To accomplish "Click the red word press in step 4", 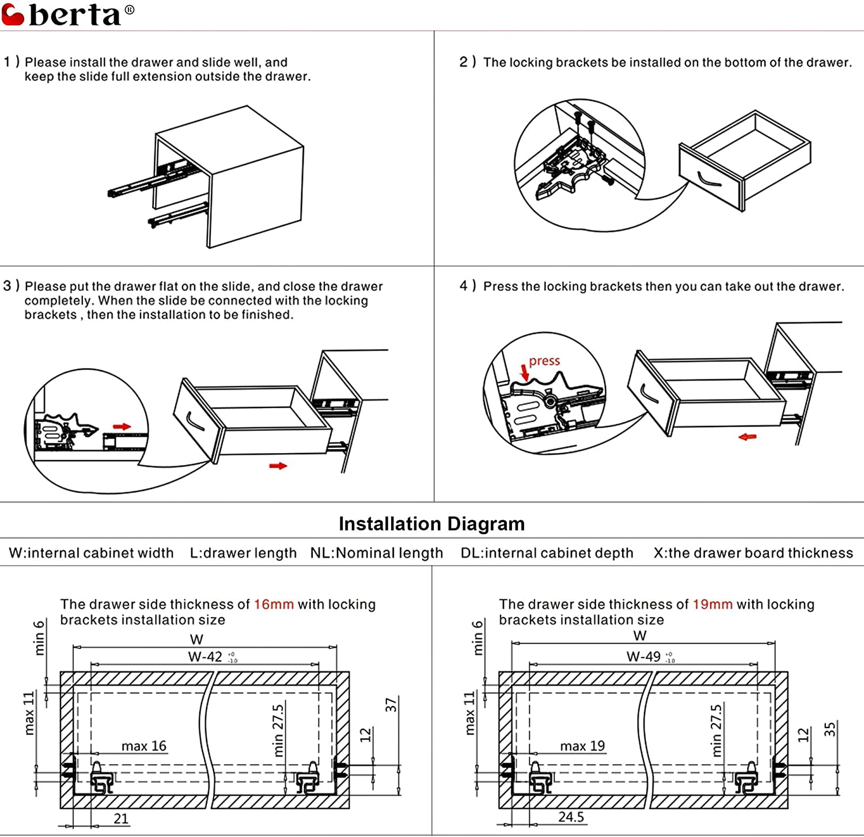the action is click(544, 361).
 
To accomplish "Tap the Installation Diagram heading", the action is click(431, 524).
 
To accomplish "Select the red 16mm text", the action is click(274, 604).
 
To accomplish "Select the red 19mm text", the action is click(713, 604).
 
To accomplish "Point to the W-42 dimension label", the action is click(206, 657).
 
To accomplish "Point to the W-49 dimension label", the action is click(644, 657).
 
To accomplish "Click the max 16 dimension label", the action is click(144, 746).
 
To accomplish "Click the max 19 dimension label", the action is click(583, 746).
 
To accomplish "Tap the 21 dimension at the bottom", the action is click(121, 819).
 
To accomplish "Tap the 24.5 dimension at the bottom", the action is click(571, 817).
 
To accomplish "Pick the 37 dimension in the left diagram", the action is click(392, 705).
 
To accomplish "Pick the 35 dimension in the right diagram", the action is click(829, 729).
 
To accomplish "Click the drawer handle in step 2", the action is click(708, 180).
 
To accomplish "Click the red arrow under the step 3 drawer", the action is click(278, 466).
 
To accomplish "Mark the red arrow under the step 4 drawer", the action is click(747, 437).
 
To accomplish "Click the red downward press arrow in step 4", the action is click(524, 372).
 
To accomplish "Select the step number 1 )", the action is click(12, 62).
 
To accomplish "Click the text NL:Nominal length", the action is click(377, 553).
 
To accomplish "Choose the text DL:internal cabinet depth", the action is click(547, 553).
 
